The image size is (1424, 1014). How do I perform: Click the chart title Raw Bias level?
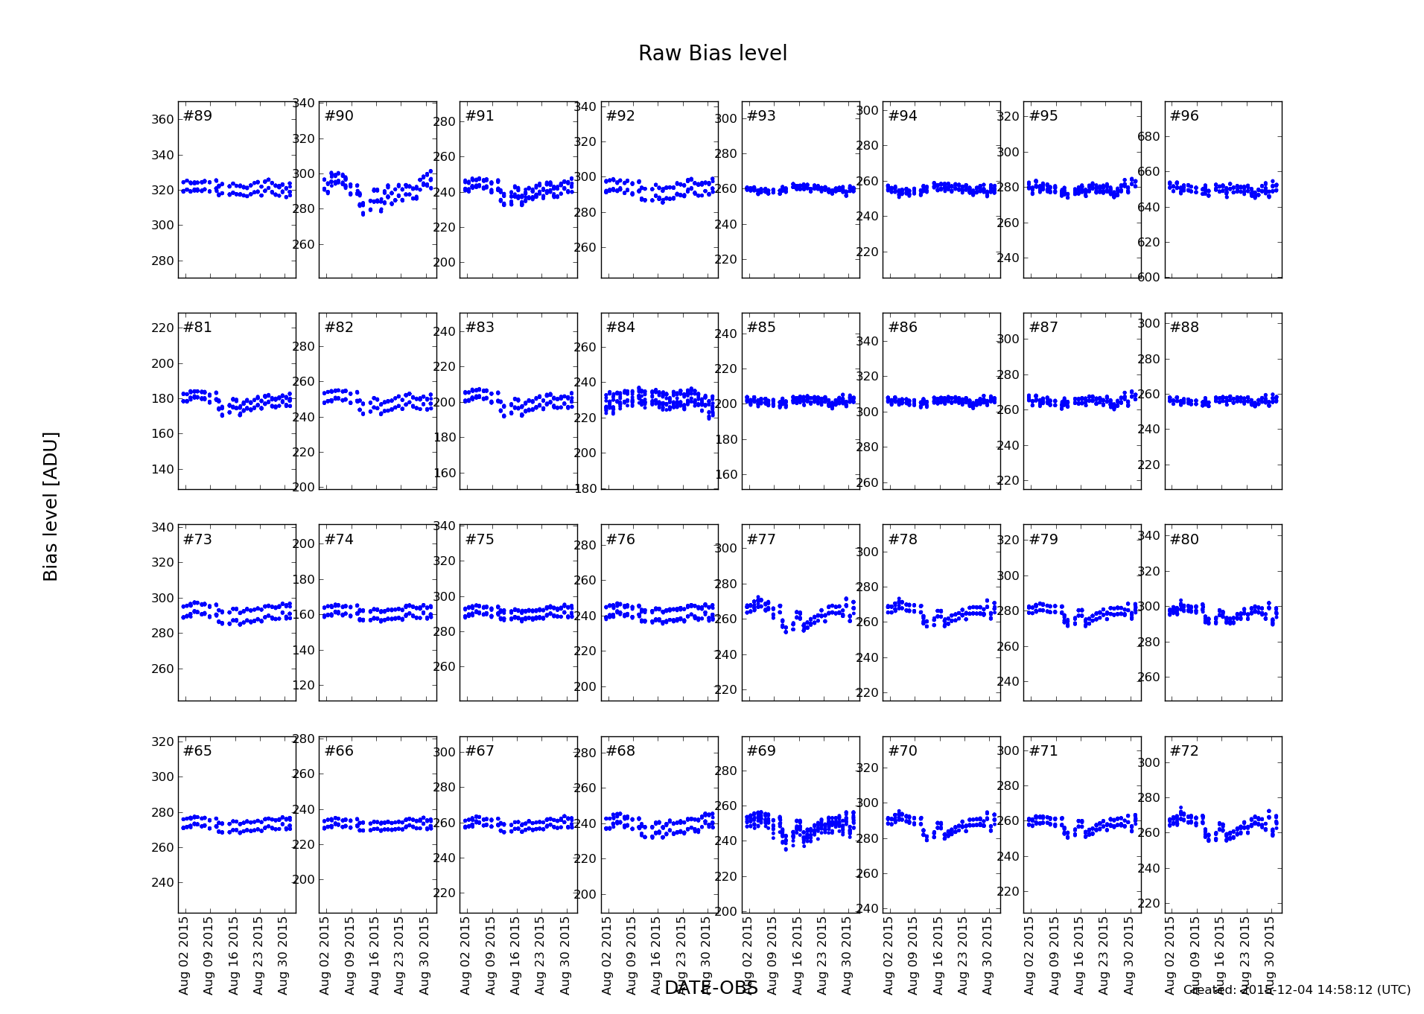(712, 54)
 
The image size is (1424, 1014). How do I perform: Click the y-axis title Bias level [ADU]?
(51, 506)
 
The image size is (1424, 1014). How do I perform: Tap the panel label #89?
(197, 116)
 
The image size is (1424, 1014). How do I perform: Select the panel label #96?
(1184, 116)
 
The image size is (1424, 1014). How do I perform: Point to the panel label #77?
(761, 540)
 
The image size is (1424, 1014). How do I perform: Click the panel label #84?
(620, 328)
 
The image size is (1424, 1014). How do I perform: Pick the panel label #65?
(197, 751)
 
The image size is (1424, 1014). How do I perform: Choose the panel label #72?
(1184, 751)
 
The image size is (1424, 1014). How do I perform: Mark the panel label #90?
(339, 116)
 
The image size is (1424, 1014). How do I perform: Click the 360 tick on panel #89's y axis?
(162, 120)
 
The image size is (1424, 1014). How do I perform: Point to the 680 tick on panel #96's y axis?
(1148, 137)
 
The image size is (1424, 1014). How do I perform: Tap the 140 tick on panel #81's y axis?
(162, 470)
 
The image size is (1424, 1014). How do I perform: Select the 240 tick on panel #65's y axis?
(162, 883)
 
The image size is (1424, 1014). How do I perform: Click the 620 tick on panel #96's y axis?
(1148, 243)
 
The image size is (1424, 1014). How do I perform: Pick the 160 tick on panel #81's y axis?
(162, 434)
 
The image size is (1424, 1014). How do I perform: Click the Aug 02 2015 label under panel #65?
(184, 955)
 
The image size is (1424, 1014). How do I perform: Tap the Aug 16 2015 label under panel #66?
(375, 955)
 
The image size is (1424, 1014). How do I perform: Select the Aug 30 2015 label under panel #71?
(1129, 955)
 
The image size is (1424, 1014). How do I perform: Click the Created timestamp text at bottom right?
(1297, 990)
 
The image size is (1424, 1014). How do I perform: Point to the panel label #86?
(903, 328)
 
